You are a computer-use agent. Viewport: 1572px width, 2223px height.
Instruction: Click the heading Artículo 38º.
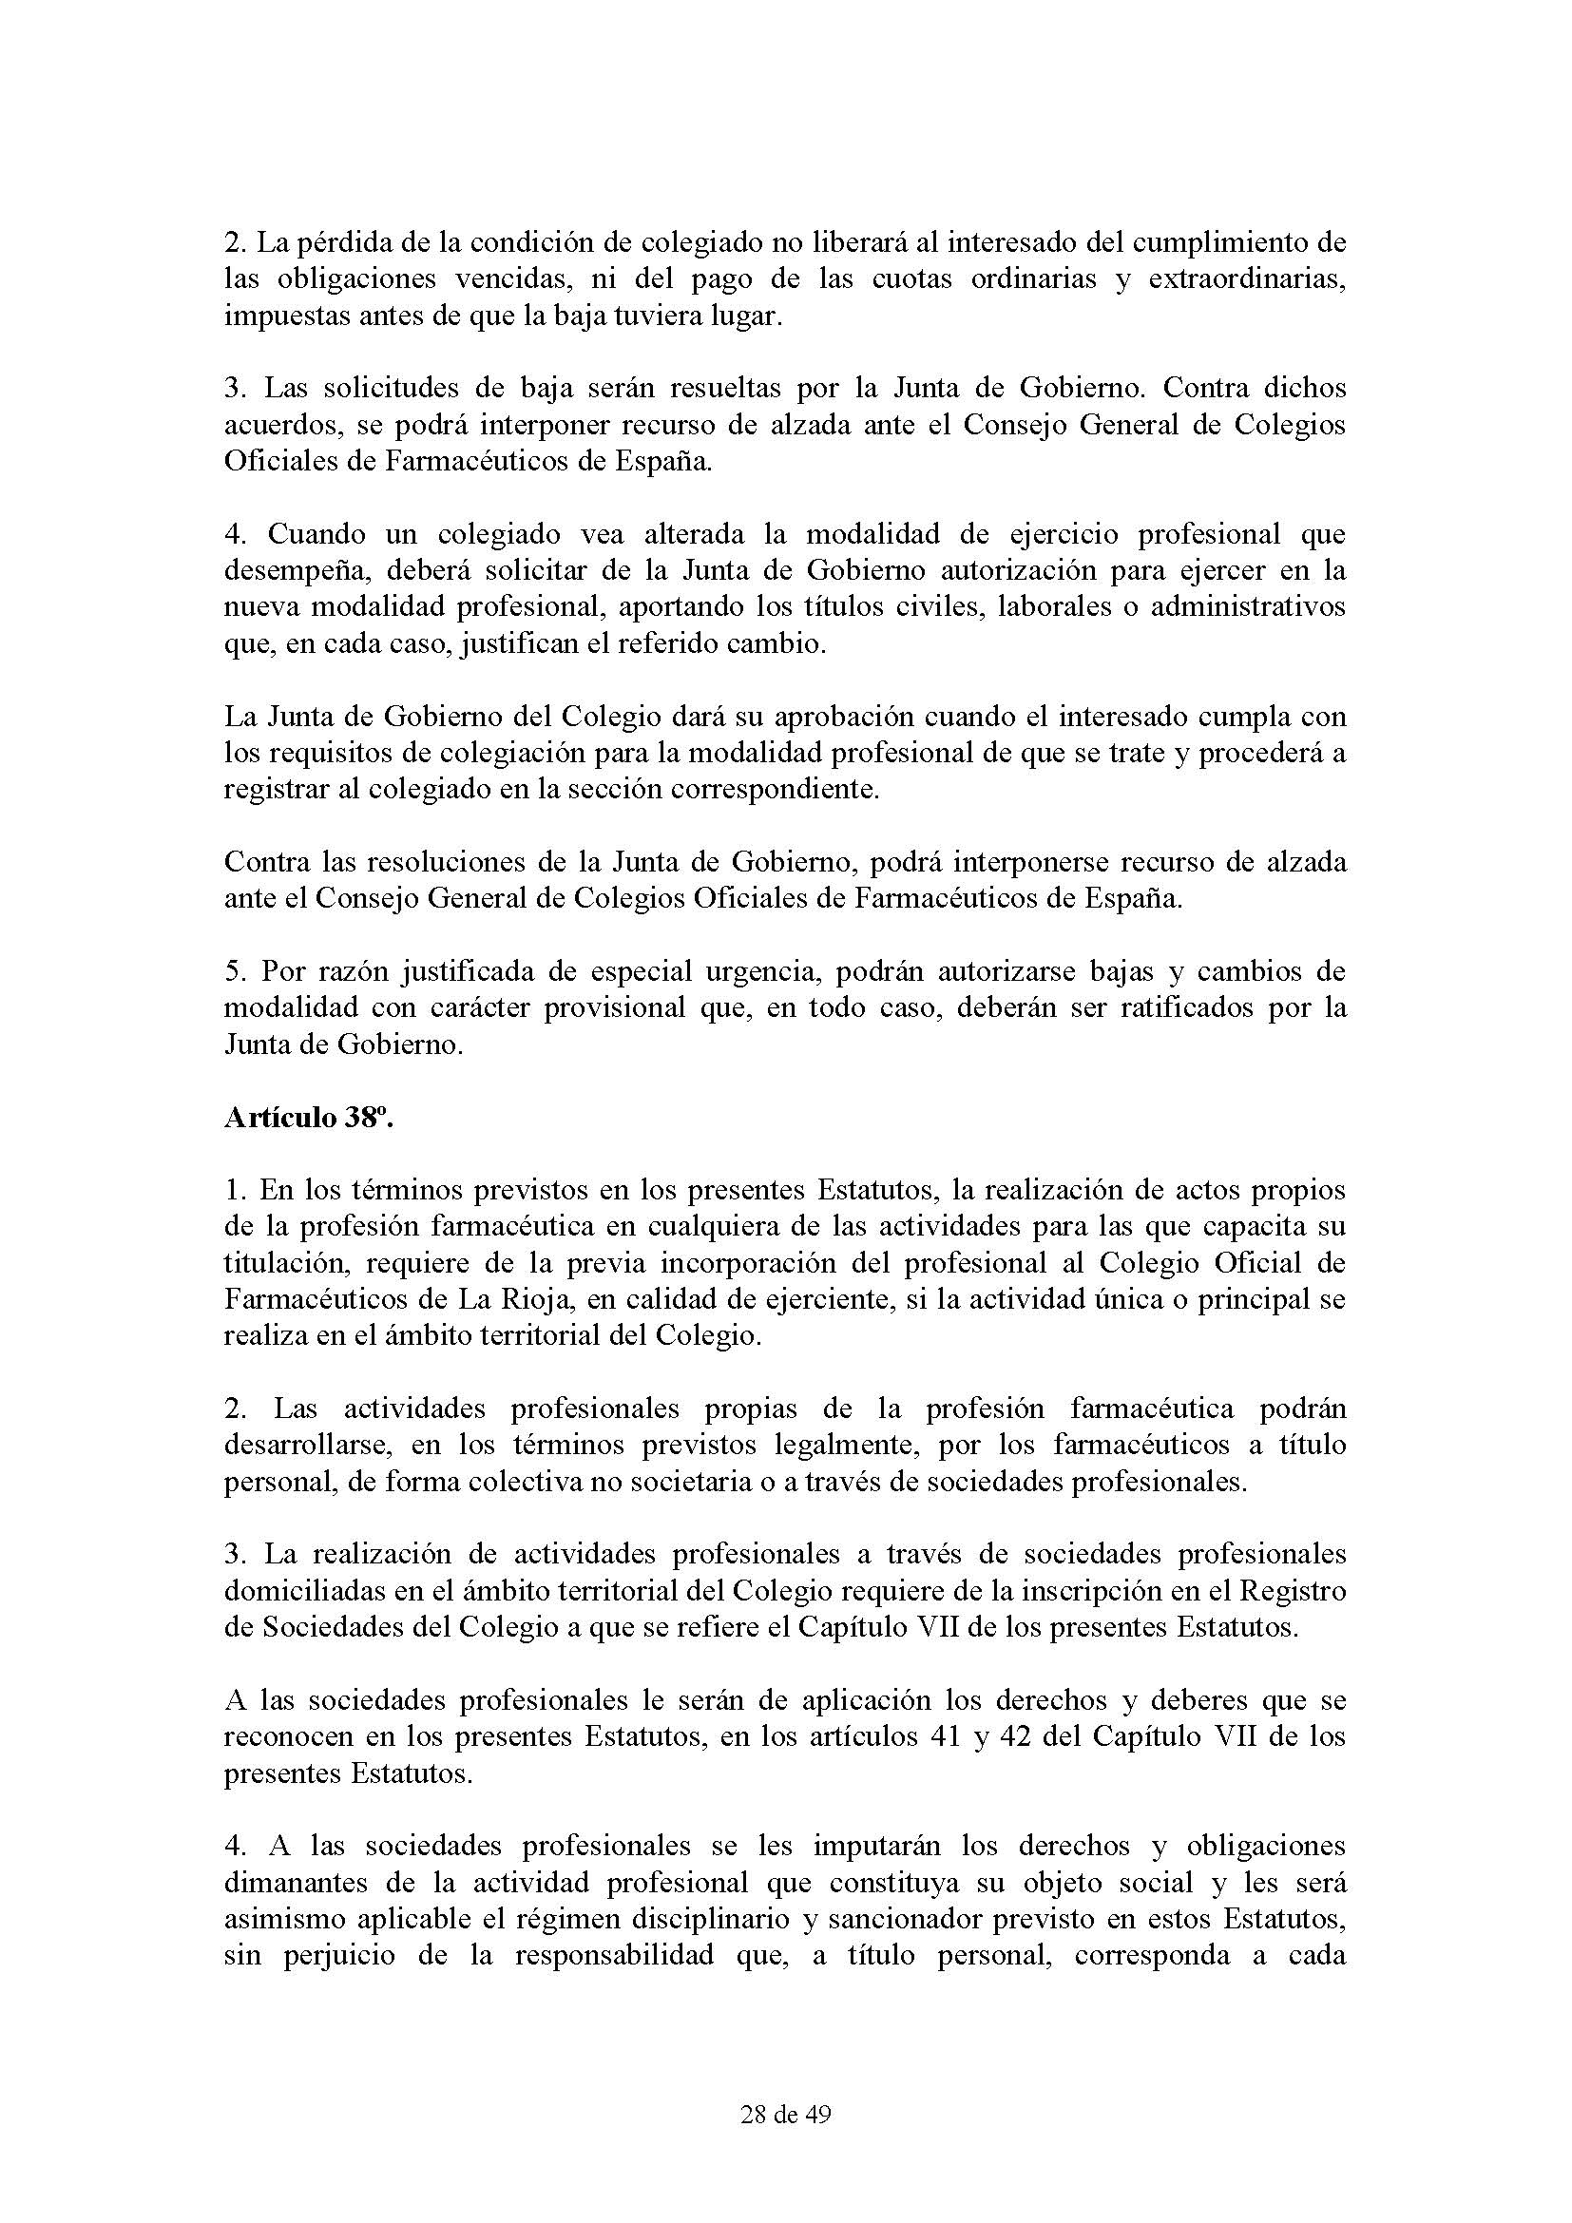[x=308, y=1119]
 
